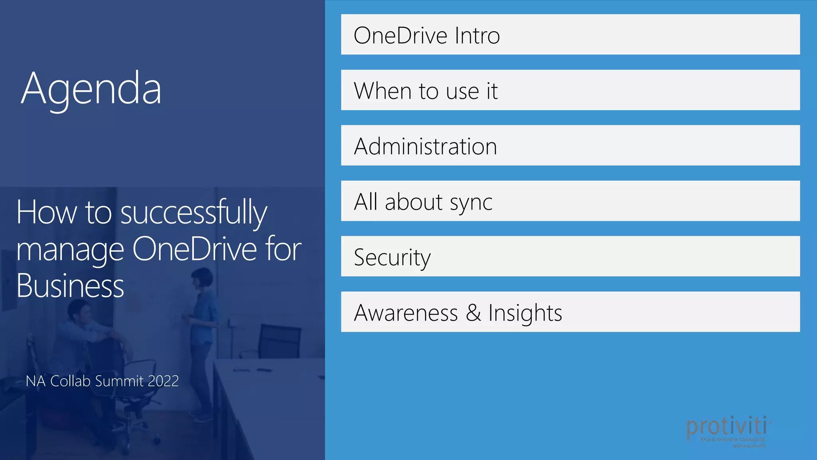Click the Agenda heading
tap(91, 89)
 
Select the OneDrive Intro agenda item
tap(570, 35)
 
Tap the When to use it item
tap(570, 90)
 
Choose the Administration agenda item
tap(570, 146)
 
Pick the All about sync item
tap(570, 201)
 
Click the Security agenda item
tap(570, 256)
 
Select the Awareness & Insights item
tap(570, 312)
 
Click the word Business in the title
tap(70, 286)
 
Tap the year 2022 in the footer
tap(163, 381)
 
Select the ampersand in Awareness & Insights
tap(473, 313)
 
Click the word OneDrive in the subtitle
tap(194, 249)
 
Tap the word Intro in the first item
tap(477, 36)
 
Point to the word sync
tap(471, 203)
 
